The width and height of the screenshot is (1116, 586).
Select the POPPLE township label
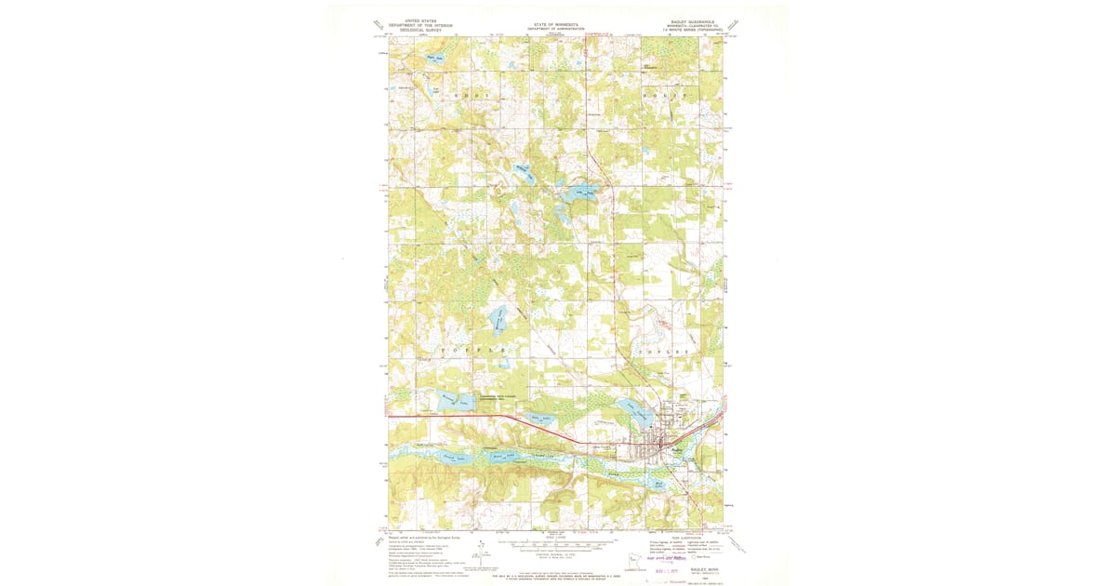pyautogui.click(x=480, y=349)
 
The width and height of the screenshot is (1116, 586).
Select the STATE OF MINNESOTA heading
pyautogui.click(x=556, y=24)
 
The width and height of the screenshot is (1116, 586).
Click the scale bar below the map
pyautogui.click(x=557, y=541)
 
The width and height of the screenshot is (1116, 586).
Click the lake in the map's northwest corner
pyautogui.click(x=435, y=59)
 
